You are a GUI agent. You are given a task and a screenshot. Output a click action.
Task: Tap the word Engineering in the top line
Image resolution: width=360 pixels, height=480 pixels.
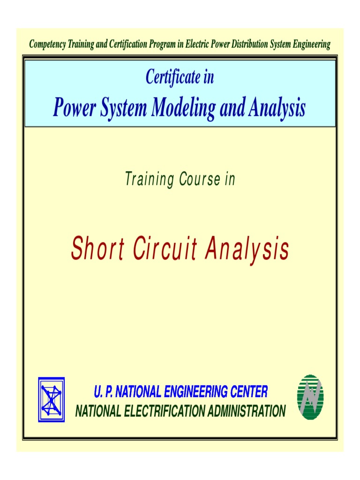tap(308, 45)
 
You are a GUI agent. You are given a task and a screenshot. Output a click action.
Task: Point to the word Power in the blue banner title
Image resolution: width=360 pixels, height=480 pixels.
tap(70, 108)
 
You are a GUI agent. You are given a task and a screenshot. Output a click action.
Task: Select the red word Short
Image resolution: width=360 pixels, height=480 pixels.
tap(97, 250)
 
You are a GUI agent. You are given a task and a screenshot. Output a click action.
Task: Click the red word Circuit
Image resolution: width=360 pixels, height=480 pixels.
tap(162, 250)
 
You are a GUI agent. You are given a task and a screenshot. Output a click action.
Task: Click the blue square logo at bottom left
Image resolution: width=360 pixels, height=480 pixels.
tap(51, 399)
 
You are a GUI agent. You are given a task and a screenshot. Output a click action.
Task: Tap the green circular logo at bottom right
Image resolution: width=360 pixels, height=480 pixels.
tap(310, 397)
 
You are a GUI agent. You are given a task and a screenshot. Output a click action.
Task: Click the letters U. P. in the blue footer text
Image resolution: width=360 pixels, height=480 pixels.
tap(103, 391)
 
